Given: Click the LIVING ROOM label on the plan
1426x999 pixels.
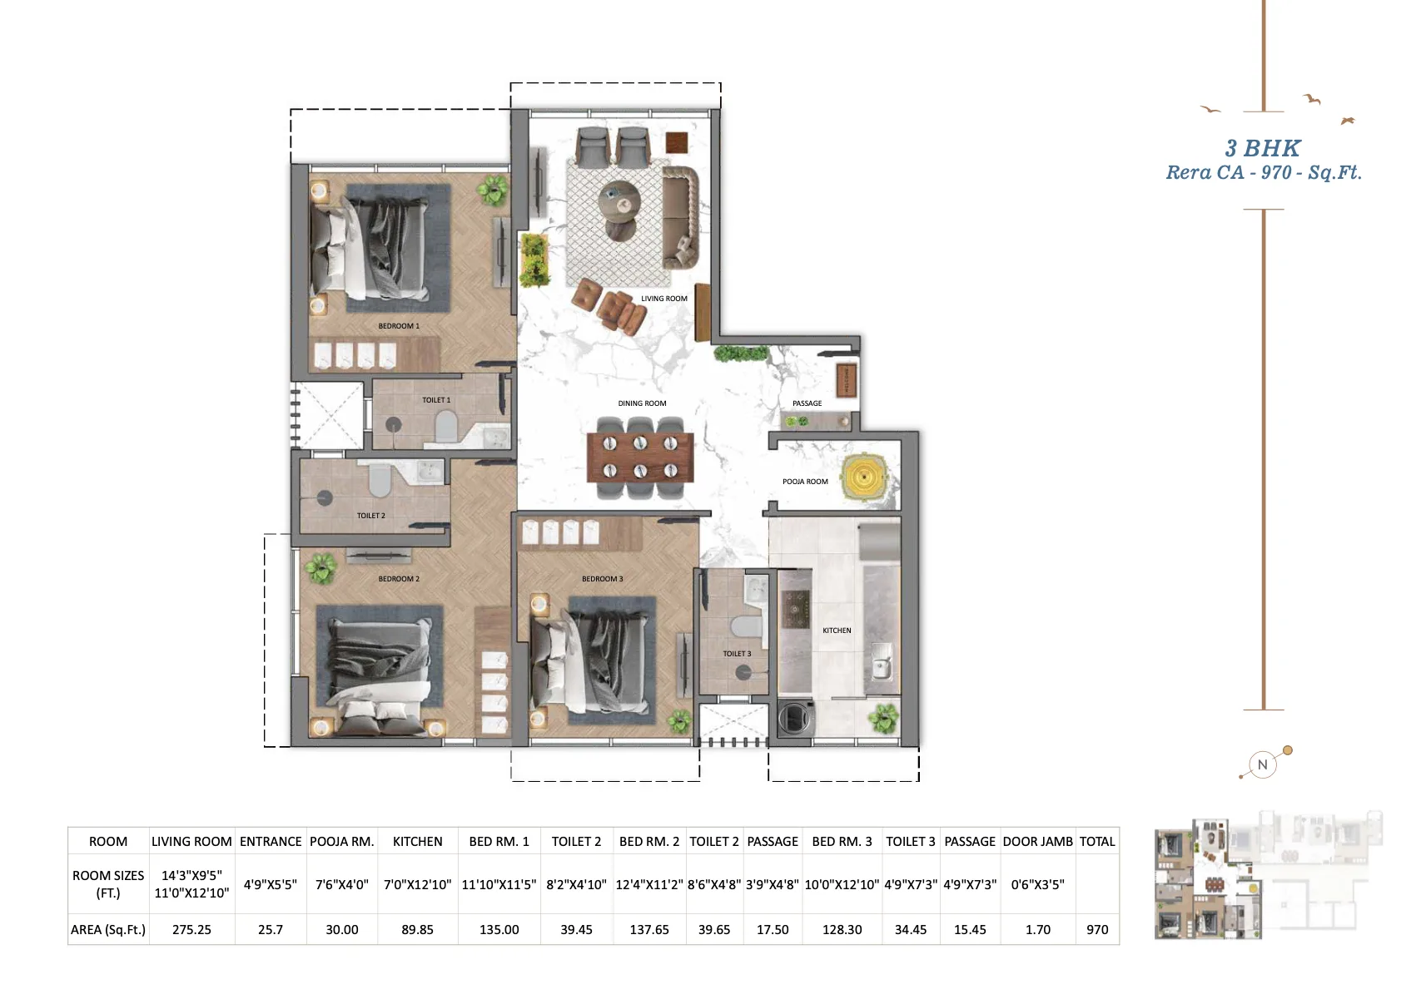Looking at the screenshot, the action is (x=664, y=299).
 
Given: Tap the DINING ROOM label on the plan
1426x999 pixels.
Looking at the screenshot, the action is (x=642, y=403).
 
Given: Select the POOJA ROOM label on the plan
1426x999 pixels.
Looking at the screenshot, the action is (x=805, y=482).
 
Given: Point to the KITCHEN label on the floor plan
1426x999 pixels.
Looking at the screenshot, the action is (x=837, y=631).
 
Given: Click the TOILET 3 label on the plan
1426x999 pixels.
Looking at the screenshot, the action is (x=737, y=654).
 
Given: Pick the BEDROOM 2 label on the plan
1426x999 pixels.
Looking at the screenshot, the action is (x=399, y=579).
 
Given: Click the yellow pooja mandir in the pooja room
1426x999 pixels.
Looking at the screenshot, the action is (x=863, y=477).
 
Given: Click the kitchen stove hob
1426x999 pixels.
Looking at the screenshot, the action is (x=795, y=610).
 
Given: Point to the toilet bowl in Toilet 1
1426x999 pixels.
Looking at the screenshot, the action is (x=445, y=425).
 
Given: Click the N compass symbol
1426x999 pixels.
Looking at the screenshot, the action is (x=1262, y=764).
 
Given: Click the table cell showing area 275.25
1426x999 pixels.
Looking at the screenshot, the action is (x=191, y=930).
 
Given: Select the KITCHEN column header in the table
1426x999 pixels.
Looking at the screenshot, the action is (x=418, y=842).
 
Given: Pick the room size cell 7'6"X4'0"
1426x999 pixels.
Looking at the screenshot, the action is (x=342, y=884).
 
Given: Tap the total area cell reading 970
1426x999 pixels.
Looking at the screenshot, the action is (x=1097, y=930).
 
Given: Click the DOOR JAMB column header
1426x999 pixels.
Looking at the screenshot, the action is (x=1038, y=842).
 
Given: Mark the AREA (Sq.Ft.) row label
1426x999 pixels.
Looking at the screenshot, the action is (x=108, y=930).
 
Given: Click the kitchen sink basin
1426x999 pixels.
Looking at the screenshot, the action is (x=881, y=661).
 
